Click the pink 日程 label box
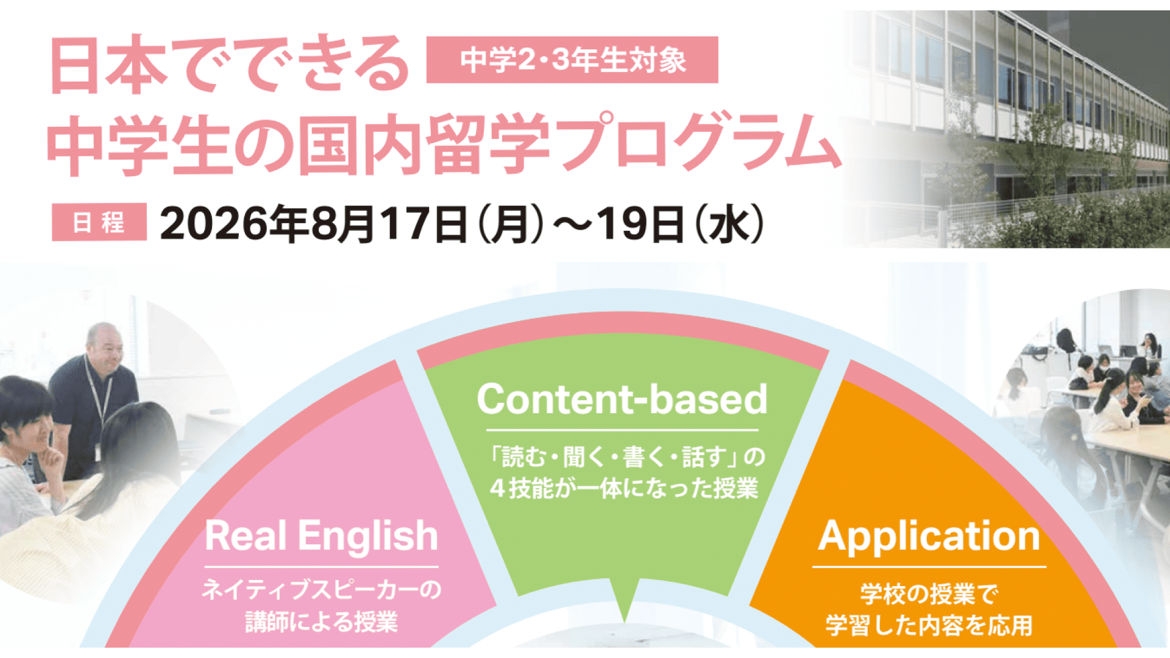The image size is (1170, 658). (99, 222)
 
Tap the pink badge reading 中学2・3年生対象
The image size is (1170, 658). (572, 60)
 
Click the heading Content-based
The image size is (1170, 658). (622, 400)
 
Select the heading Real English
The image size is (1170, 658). (321, 536)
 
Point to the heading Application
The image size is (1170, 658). (929, 536)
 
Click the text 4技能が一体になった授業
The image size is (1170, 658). (623, 488)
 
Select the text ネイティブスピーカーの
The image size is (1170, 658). (321, 589)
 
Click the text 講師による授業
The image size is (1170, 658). (321, 621)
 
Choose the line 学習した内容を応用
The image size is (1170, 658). (929, 625)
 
